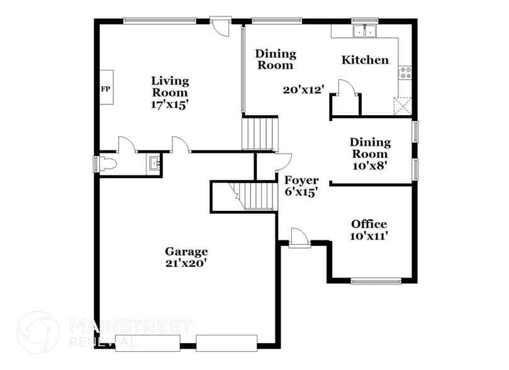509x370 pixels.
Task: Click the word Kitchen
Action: [365, 60]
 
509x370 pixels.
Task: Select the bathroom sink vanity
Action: [155, 164]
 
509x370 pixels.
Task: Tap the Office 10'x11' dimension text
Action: [369, 236]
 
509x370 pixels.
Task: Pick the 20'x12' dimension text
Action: [303, 90]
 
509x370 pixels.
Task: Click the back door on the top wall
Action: [221, 26]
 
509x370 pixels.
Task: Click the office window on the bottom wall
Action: [376, 281]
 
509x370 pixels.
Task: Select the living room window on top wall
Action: [160, 21]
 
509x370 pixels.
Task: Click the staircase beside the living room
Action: [260, 133]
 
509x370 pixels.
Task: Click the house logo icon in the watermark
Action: [38, 332]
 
